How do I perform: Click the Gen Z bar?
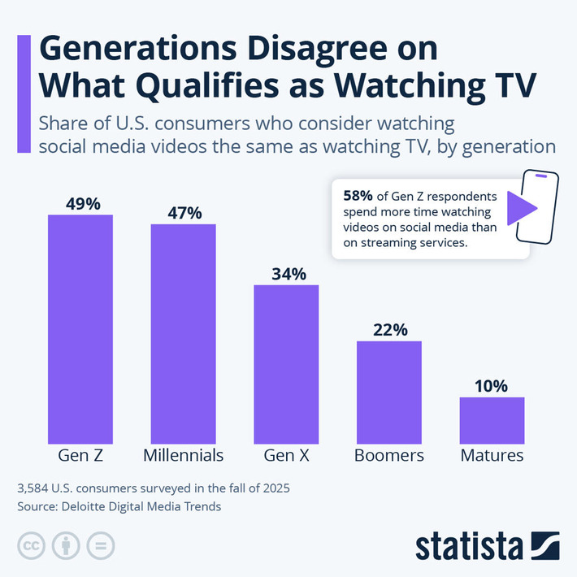click(80, 328)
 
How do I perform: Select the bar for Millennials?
click(183, 332)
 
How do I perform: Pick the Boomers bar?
click(389, 391)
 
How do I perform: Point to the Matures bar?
click(492, 419)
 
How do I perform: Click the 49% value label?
click(80, 203)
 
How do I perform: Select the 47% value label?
click(184, 213)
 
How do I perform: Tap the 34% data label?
click(286, 274)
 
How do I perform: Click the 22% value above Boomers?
click(389, 330)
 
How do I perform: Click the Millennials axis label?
click(183, 455)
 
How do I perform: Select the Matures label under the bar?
click(492, 455)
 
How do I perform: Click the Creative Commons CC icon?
click(31, 545)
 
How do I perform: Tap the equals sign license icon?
click(100, 545)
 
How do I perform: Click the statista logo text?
click(470, 546)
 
